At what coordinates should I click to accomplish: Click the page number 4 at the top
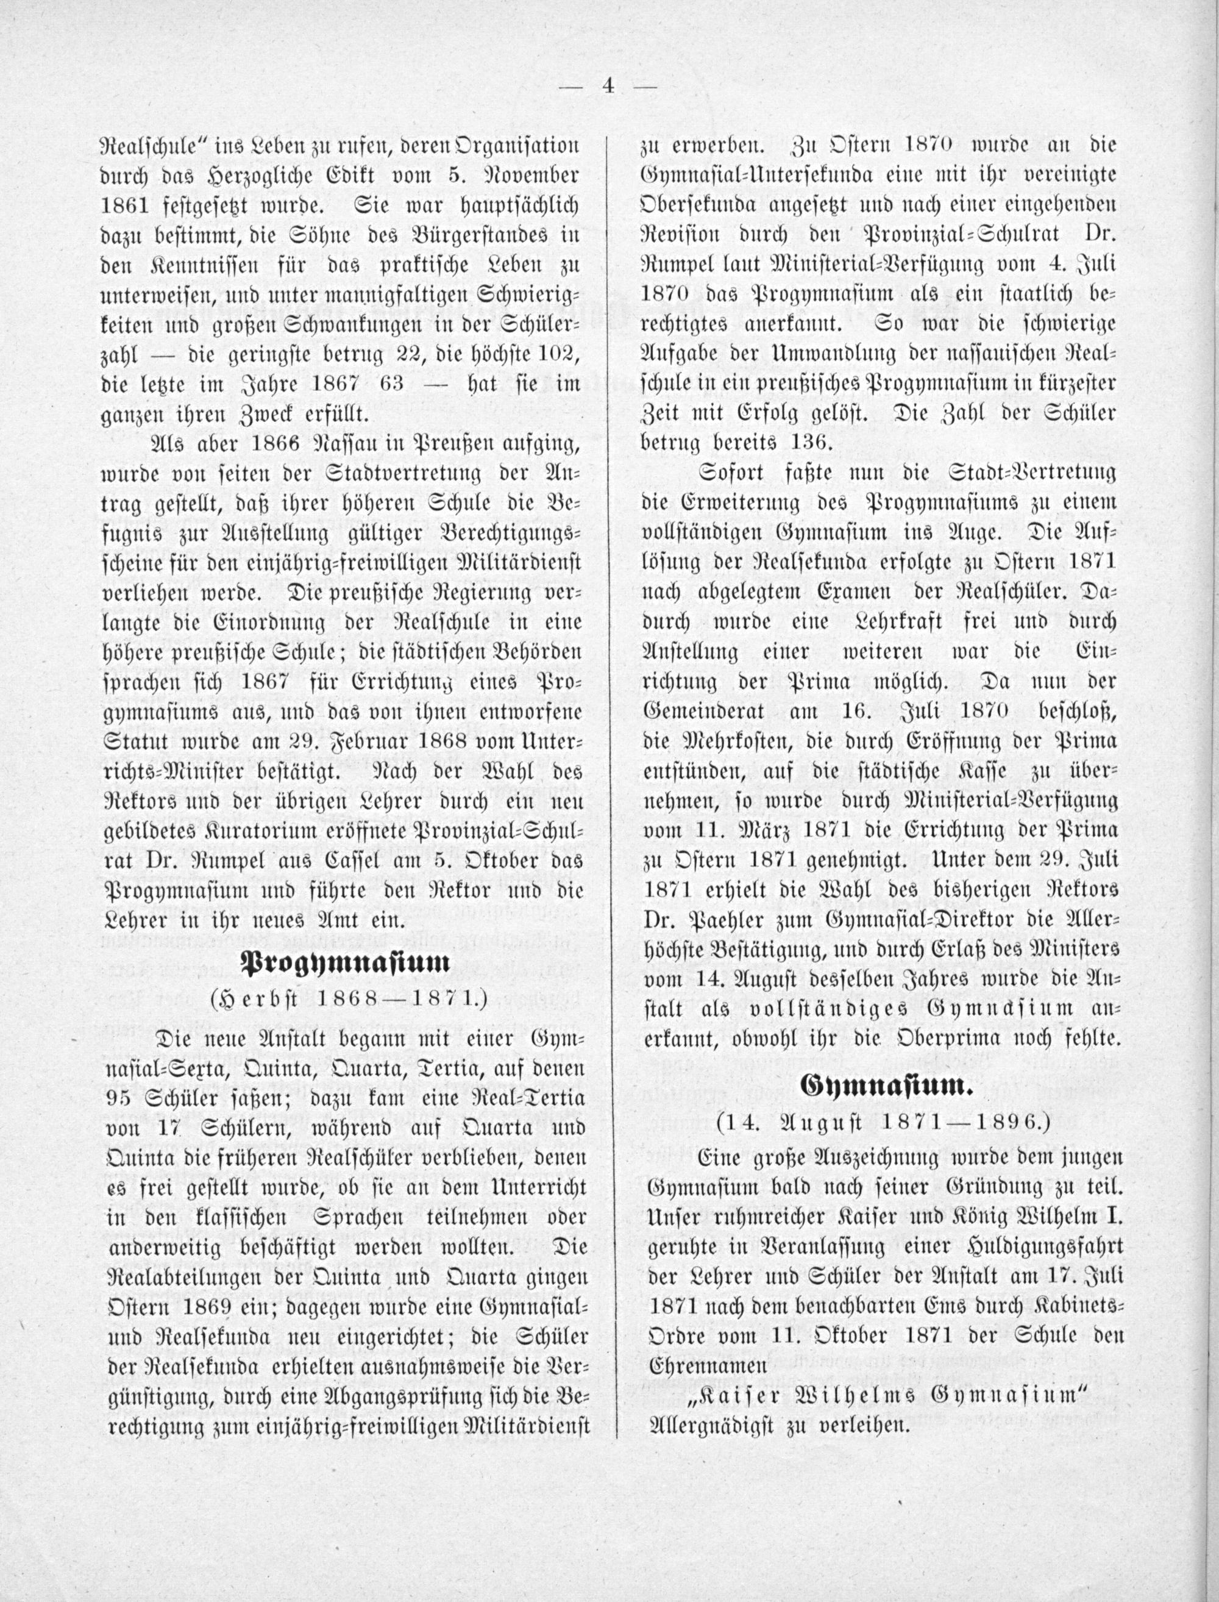pos(608,87)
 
